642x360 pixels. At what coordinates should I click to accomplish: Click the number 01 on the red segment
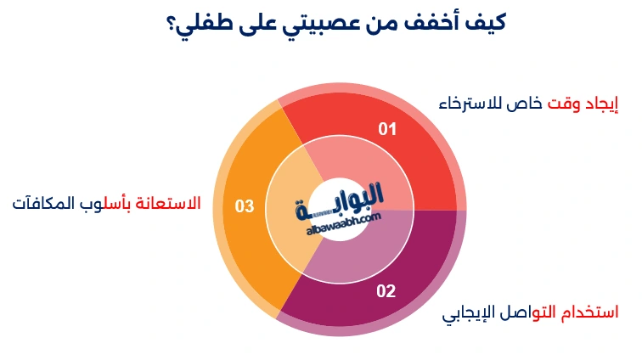tap(388, 130)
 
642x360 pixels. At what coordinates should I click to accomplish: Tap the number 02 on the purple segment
tap(386, 291)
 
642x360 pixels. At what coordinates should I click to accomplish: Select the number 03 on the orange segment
tap(245, 206)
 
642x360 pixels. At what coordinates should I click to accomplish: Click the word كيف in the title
tap(487, 24)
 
